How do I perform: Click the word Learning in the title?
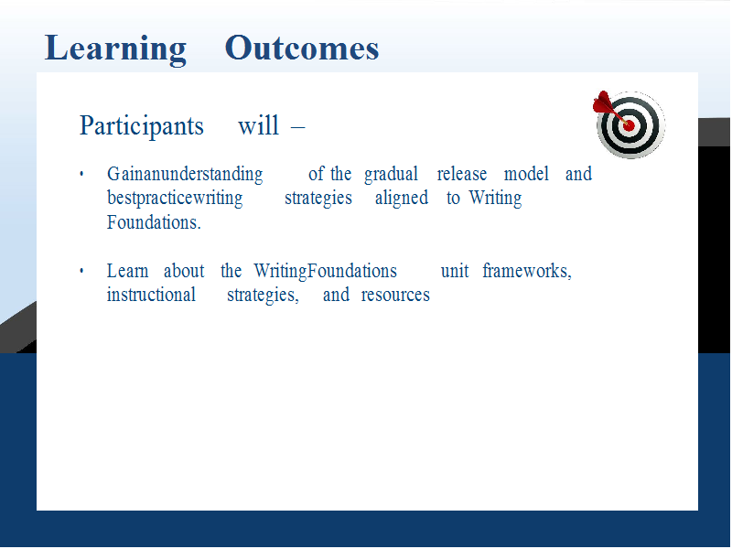115,49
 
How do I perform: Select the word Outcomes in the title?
302,48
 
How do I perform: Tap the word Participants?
142,126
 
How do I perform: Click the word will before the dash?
258,125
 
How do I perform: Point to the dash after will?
297,126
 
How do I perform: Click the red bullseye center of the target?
629,125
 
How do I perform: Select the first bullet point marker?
81,175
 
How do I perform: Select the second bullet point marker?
81,271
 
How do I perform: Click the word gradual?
391,175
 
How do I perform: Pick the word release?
462,174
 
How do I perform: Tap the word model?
526,174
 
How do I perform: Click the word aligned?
402,198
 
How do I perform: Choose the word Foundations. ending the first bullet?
154,222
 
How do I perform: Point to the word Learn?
127,271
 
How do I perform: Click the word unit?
455,271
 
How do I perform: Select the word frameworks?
527,271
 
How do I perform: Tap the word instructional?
151,295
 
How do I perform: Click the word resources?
395,295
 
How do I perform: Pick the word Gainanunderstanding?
185,175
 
